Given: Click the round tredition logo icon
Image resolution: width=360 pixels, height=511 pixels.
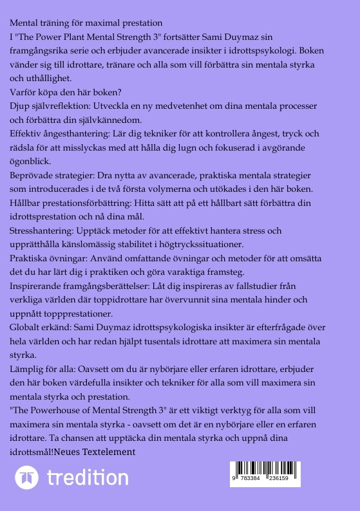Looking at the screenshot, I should coord(27,478).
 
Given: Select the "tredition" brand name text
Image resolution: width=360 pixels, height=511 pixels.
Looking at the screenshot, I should coord(88,478).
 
